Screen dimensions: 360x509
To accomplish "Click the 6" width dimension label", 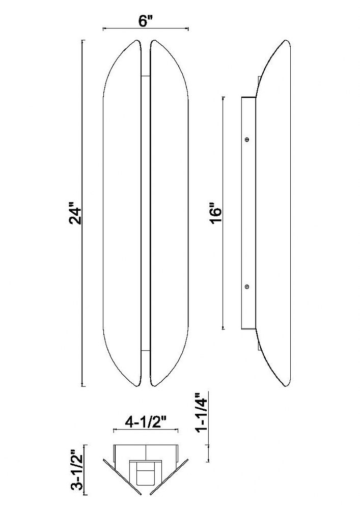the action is pyautogui.click(x=146, y=21).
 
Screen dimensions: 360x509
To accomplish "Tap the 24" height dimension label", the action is pyautogui.click(x=76, y=214).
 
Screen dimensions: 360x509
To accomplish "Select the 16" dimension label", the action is pyautogui.click(x=215, y=213).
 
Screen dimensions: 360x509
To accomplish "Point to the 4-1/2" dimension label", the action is pyautogui.click(x=146, y=422).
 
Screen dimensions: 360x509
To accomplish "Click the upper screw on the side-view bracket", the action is pyautogui.click(x=247, y=139).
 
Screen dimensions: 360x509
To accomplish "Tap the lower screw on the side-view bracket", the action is pyautogui.click(x=247, y=287).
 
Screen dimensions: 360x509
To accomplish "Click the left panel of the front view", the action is pyautogui.click(x=122, y=213).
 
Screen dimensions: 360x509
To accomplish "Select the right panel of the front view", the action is pyautogui.click(x=169, y=213).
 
